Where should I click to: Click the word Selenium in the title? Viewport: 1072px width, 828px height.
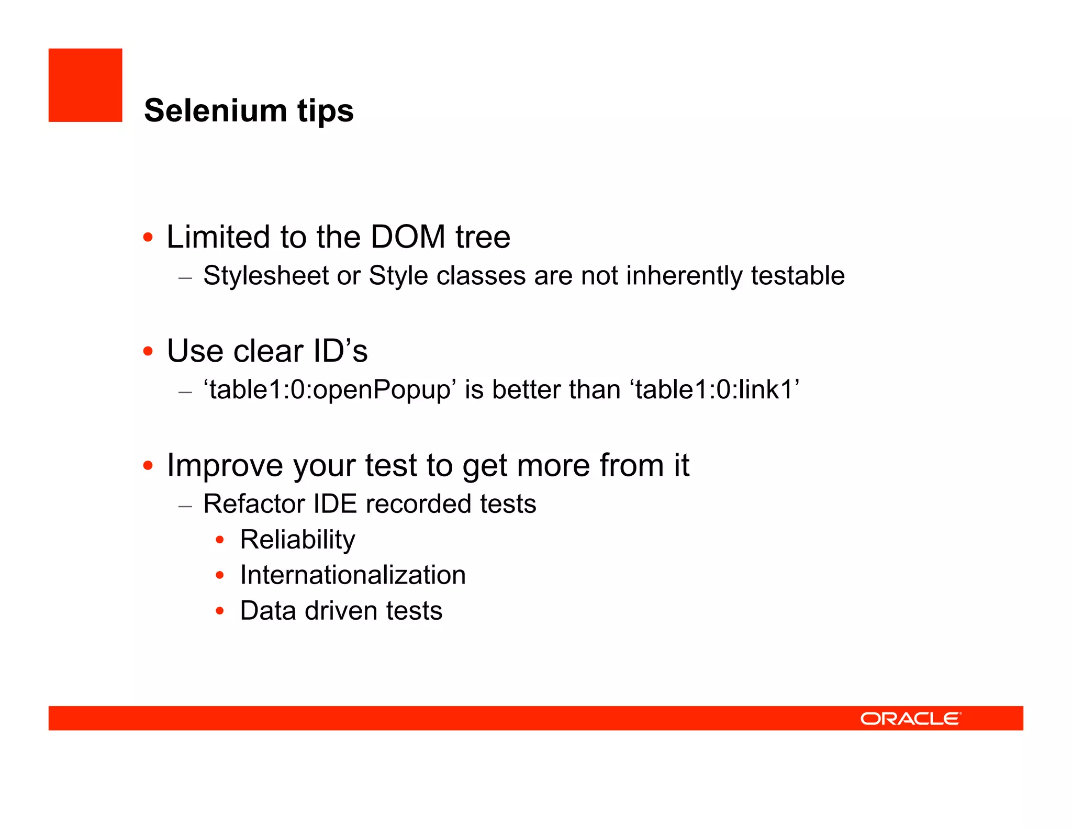[x=215, y=111]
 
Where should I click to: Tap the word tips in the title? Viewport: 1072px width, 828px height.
[x=326, y=111]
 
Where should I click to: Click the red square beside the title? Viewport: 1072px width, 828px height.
[x=85, y=85]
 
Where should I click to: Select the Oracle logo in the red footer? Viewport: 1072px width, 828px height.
[x=911, y=718]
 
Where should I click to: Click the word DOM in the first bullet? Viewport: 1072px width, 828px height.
[x=408, y=237]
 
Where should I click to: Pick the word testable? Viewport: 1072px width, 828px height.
[x=798, y=276]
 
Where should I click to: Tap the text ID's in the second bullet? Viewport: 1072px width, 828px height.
[x=340, y=351]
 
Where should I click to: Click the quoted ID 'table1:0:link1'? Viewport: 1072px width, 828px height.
[x=716, y=390]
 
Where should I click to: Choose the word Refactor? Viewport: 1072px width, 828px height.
[x=254, y=504]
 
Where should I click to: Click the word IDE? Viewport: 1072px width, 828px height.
[x=335, y=504]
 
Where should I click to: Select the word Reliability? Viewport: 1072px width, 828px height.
[x=297, y=540]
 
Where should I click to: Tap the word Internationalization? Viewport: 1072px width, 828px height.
[x=353, y=575]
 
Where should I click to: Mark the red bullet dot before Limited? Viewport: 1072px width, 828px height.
[x=148, y=238]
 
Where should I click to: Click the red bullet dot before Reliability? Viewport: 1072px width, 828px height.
[x=220, y=540]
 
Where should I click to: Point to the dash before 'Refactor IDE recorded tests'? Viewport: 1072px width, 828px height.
[x=185, y=506]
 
